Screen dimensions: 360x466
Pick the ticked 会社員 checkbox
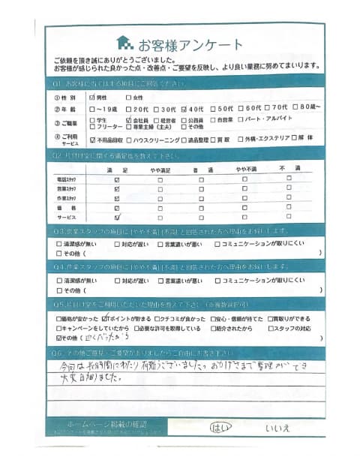[x=130, y=119]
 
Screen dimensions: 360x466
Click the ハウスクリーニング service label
[x=157, y=140]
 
